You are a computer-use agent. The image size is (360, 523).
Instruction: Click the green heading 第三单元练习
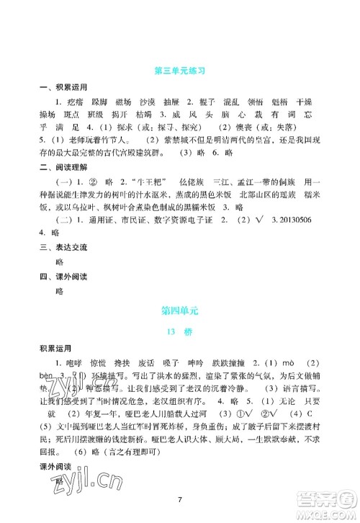tap(180, 71)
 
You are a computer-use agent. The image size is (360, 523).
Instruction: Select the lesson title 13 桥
tap(180, 333)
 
